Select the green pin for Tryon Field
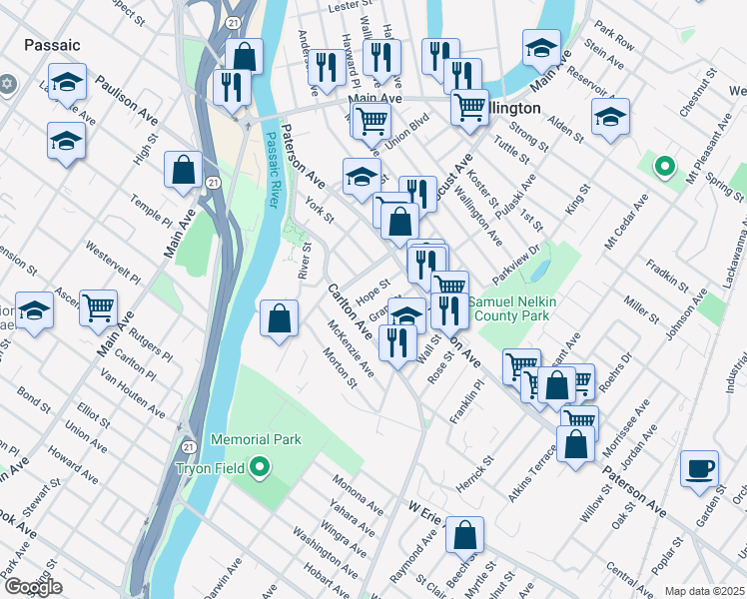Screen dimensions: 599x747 [260, 466]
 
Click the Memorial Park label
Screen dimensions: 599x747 [255, 439]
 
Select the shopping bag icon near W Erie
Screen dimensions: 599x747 [464, 535]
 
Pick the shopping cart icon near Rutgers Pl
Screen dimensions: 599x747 [98, 308]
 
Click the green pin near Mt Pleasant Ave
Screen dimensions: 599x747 [662, 167]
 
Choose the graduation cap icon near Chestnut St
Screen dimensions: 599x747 [610, 117]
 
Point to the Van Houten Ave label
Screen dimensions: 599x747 [133, 394]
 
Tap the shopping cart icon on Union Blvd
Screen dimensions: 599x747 [371, 122]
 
